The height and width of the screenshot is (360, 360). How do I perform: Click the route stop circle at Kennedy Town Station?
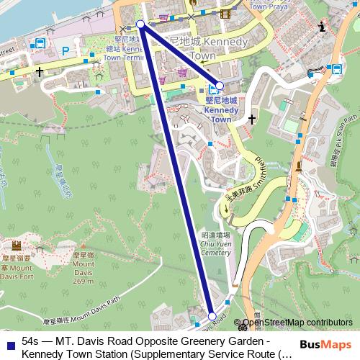click(x=220, y=85)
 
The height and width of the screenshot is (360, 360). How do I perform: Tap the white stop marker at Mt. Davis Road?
click(x=212, y=316)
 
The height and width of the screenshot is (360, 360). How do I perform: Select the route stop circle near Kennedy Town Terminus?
click(x=140, y=24)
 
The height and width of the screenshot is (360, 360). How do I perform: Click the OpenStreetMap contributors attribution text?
click(x=297, y=323)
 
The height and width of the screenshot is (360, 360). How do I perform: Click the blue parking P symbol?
click(x=66, y=51)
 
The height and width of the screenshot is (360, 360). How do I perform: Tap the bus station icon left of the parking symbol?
click(x=39, y=45)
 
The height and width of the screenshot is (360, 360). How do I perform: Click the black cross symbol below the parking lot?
click(x=38, y=72)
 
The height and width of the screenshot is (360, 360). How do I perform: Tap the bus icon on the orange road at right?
click(x=335, y=68)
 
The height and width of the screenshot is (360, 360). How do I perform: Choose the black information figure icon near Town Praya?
click(x=322, y=27)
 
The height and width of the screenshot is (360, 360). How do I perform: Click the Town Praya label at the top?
click(x=248, y=6)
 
